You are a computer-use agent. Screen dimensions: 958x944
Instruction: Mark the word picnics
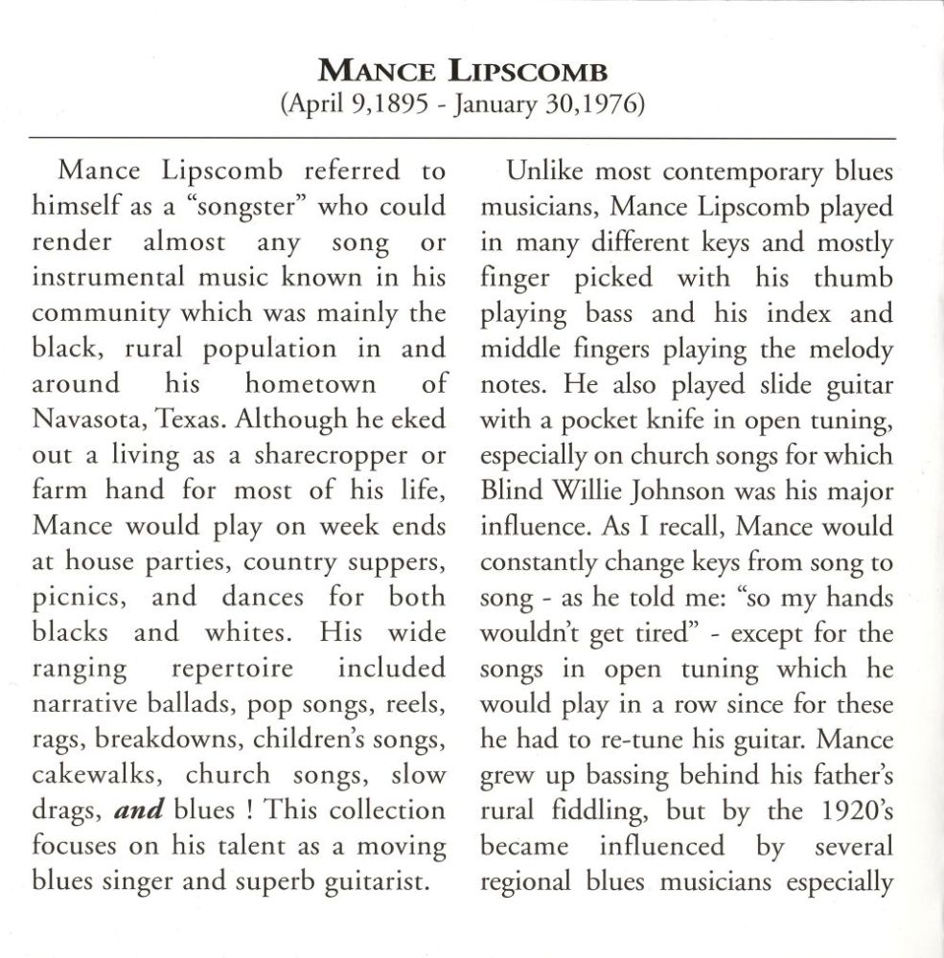pos(77,598)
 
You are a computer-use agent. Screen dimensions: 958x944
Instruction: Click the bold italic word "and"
pos(138,810)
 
